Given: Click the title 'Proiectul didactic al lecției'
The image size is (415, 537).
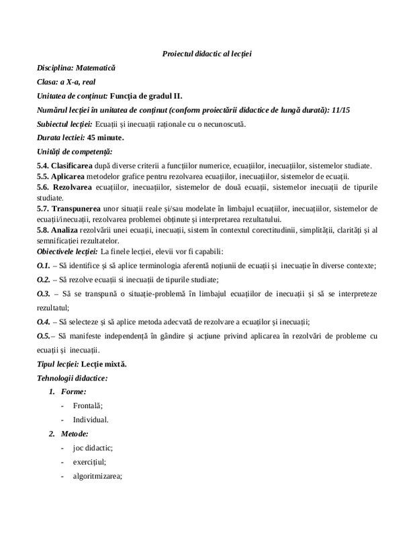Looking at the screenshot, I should (x=207, y=54).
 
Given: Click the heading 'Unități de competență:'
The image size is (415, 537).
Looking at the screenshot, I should (x=75, y=152).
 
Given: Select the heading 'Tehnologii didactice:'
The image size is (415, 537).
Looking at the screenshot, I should (x=72, y=378).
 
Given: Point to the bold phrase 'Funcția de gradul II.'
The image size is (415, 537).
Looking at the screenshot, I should (x=146, y=96).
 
